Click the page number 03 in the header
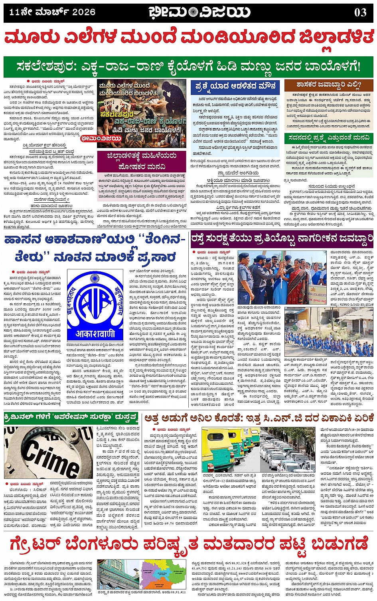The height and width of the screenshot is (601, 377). tap(360, 12)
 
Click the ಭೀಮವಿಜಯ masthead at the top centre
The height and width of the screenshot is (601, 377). tap(199, 12)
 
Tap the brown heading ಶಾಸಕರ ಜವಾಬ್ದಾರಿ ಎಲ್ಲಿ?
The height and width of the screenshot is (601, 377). tap(328, 85)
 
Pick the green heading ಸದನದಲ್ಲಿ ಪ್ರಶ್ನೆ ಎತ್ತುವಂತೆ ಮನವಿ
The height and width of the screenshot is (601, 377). tap(329, 138)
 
